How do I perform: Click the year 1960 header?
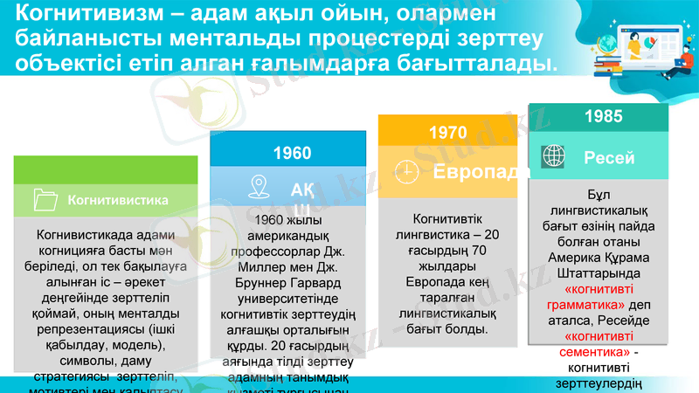[x=292, y=153]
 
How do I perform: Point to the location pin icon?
[x=258, y=186]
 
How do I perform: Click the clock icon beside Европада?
[x=406, y=172]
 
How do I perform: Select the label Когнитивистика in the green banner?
[x=118, y=200]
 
